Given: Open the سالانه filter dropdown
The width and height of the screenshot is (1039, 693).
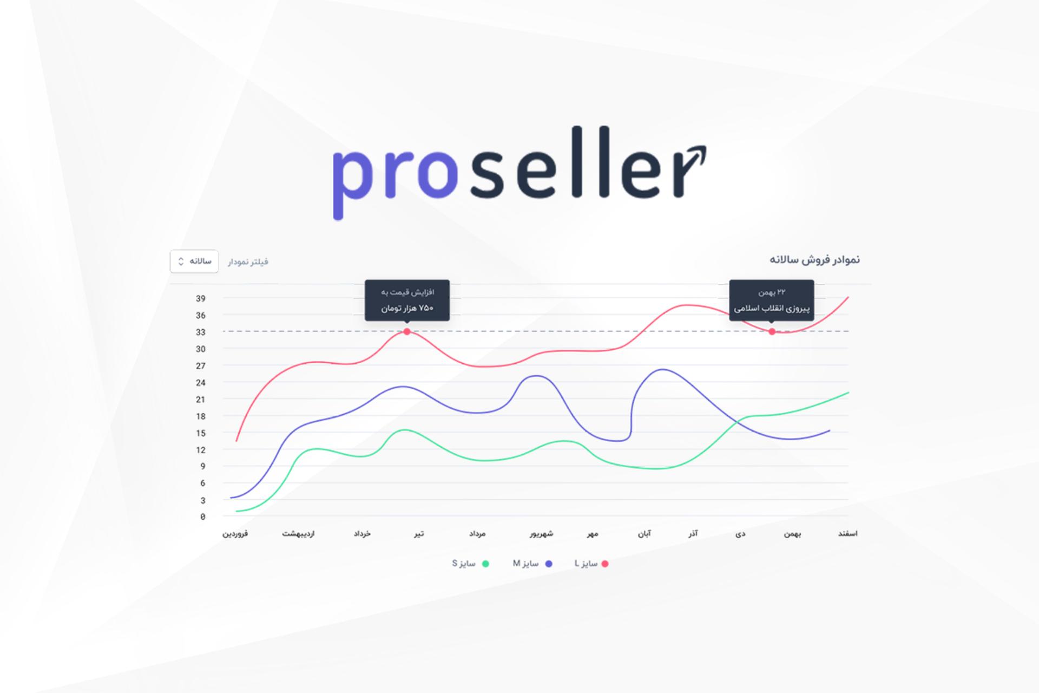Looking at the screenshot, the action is point(194,261).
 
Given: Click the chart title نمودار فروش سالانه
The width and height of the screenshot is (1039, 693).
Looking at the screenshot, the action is point(815,260).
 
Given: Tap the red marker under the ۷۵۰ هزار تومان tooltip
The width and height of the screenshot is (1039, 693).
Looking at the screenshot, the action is point(407,331).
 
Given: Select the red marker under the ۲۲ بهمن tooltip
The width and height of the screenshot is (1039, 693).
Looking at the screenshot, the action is point(772,331).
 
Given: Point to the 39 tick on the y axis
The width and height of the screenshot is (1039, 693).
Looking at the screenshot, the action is point(201,298).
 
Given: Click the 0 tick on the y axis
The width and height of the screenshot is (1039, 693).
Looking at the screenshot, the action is point(203,517).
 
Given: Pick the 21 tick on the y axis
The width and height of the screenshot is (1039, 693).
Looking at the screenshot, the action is point(201,400).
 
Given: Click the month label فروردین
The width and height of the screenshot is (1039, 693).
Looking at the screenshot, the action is point(235,534).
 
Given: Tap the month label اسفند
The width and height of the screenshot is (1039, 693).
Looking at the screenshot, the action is point(848,534).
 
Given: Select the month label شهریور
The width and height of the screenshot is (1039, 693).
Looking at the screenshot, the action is point(542,534).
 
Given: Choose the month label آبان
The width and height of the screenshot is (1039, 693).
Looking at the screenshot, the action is point(645,534).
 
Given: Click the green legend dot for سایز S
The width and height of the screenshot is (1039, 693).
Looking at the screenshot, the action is point(485,564).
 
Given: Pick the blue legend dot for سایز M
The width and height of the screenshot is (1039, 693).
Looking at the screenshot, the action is point(549,564).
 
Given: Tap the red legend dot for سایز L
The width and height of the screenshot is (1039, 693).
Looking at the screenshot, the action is point(605,564).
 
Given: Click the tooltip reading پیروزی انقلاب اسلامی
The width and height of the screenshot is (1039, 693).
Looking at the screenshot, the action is point(772,300).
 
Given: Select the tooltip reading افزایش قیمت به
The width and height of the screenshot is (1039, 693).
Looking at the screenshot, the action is point(407,300).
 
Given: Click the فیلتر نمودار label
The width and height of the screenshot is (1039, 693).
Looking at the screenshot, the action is point(248,262).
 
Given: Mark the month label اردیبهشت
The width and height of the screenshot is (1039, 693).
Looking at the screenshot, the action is point(298,534).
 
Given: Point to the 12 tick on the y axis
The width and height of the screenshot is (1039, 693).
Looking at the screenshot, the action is point(201,450).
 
